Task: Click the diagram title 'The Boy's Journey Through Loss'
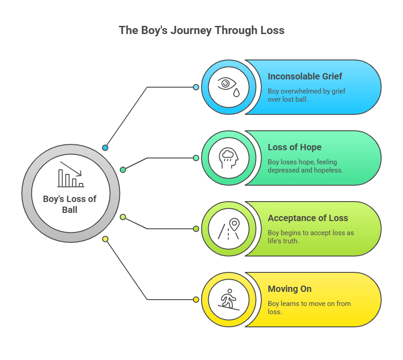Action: pyautogui.click(x=201, y=30)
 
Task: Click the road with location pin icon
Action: pyautogui.click(x=229, y=229)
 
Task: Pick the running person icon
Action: pyautogui.click(x=229, y=300)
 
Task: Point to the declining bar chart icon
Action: pyautogui.click(x=71, y=174)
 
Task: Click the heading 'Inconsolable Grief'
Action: pyautogui.click(x=305, y=76)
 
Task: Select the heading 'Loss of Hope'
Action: pyautogui.click(x=295, y=147)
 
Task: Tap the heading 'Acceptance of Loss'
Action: pyautogui.click(x=308, y=218)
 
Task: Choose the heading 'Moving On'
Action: pyautogui.click(x=290, y=289)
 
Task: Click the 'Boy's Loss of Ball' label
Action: pyautogui.click(x=70, y=204)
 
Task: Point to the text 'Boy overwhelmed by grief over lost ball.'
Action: pyautogui.click(x=306, y=95)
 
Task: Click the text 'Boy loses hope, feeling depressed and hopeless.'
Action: pyautogui.click(x=305, y=166)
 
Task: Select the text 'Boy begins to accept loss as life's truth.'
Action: pyautogui.click(x=310, y=237)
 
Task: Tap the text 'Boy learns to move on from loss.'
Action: pyautogui.click(x=309, y=307)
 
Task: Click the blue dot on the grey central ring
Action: pyautogui.click(x=105, y=148)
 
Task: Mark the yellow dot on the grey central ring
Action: pyautogui.click(x=105, y=239)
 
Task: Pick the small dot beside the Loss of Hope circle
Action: pyautogui.click(x=196, y=158)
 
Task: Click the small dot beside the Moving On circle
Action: pyautogui.click(x=196, y=300)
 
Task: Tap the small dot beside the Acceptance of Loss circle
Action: pyautogui.click(x=196, y=229)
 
